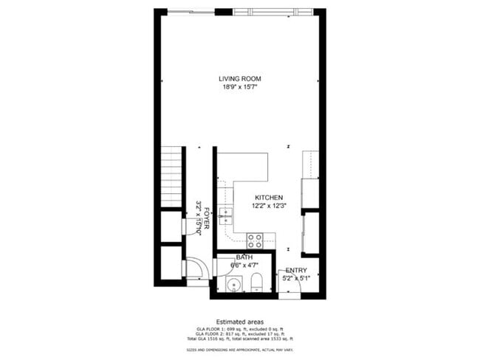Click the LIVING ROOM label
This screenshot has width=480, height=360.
(x=240, y=78)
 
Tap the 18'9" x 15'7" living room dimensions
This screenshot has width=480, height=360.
(x=240, y=87)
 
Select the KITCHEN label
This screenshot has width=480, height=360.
(x=269, y=198)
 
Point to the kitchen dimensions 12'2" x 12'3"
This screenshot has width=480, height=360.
(x=269, y=207)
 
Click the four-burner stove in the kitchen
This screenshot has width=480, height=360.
(x=255, y=239)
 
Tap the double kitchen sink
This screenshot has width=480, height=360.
(x=226, y=215)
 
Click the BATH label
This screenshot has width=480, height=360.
(x=244, y=257)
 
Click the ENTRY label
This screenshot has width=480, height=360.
(x=296, y=270)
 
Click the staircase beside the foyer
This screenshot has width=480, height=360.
(x=171, y=177)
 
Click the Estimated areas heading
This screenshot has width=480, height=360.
(x=240, y=322)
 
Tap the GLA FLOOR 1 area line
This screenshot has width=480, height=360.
(x=240, y=329)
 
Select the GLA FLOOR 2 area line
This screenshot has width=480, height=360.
(x=240, y=334)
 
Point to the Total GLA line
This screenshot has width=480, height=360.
(x=240, y=339)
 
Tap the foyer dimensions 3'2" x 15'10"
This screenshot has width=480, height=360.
(x=199, y=218)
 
